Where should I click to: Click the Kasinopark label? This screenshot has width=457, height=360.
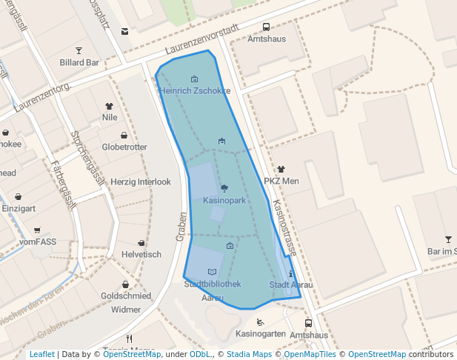pos(224,201)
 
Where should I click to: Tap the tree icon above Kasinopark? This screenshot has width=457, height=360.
pos(224,188)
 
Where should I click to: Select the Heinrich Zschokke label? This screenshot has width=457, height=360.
pos(194,91)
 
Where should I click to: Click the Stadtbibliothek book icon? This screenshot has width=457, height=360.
pos(213,272)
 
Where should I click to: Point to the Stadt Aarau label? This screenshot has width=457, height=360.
pos(291,285)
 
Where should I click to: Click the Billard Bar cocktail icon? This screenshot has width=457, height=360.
pos(79,50)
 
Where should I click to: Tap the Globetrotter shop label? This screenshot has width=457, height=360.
pos(124,147)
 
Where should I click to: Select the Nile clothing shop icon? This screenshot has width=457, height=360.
pos(110,106)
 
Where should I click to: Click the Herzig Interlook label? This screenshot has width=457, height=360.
pos(141,181)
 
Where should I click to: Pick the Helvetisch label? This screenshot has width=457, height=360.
pos(141,254)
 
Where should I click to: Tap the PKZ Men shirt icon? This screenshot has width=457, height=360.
pos(281,170)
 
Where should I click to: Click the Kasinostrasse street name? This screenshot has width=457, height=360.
pos(284,227)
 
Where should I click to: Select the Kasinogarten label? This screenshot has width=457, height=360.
pos(260,334)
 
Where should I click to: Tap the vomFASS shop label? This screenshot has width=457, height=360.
pos(38,241)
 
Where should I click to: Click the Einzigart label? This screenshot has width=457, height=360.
pos(18,209)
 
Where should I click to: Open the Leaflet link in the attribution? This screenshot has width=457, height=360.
pos(41,355)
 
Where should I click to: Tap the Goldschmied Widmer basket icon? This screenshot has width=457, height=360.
pos(125,284)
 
